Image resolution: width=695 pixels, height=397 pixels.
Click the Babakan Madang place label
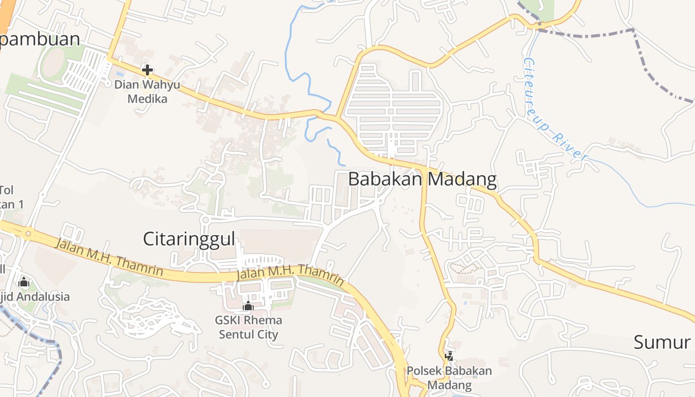click(422, 179)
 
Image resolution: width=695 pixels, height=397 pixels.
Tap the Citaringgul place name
click(189, 239)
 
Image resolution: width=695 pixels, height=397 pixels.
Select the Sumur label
click(662, 342)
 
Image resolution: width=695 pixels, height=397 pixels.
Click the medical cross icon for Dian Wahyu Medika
click(147, 70)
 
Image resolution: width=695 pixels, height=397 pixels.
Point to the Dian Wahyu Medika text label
click(147, 91)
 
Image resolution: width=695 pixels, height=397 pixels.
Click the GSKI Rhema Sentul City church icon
click(248, 306)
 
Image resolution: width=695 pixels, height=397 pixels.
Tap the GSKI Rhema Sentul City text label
click(248, 327)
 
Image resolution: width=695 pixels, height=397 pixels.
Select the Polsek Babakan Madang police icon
click(449, 356)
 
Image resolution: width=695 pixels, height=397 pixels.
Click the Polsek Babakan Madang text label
click(449, 378)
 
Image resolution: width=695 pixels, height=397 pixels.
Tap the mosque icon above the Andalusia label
click(23, 282)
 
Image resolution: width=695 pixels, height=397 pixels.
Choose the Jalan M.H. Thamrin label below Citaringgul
click(109, 258)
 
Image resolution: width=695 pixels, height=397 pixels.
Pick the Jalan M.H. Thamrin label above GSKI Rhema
click(290, 275)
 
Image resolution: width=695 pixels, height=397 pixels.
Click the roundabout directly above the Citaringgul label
click(205, 219)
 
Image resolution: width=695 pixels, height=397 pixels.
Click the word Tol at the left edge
click(6, 190)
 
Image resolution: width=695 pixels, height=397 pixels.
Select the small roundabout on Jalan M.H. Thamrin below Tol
click(28, 233)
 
